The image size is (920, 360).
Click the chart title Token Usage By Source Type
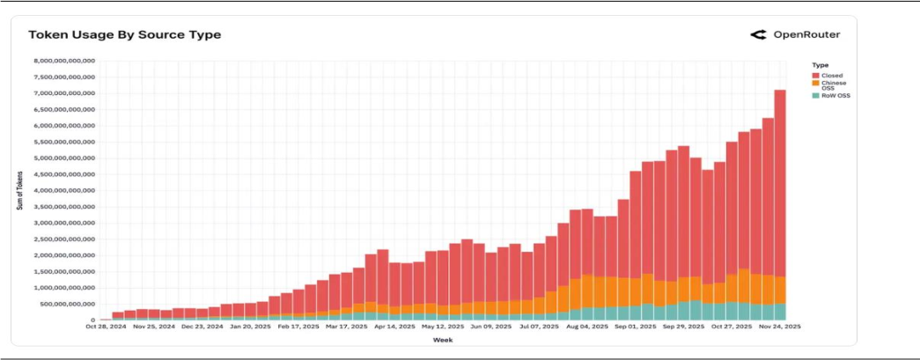click(x=124, y=34)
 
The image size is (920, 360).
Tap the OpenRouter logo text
click(x=806, y=34)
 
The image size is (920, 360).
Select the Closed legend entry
click(x=831, y=76)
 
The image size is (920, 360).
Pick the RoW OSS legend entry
click(x=836, y=95)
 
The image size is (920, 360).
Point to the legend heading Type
click(x=821, y=65)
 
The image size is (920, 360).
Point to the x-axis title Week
click(x=437, y=339)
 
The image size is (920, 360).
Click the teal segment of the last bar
click(x=780, y=312)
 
